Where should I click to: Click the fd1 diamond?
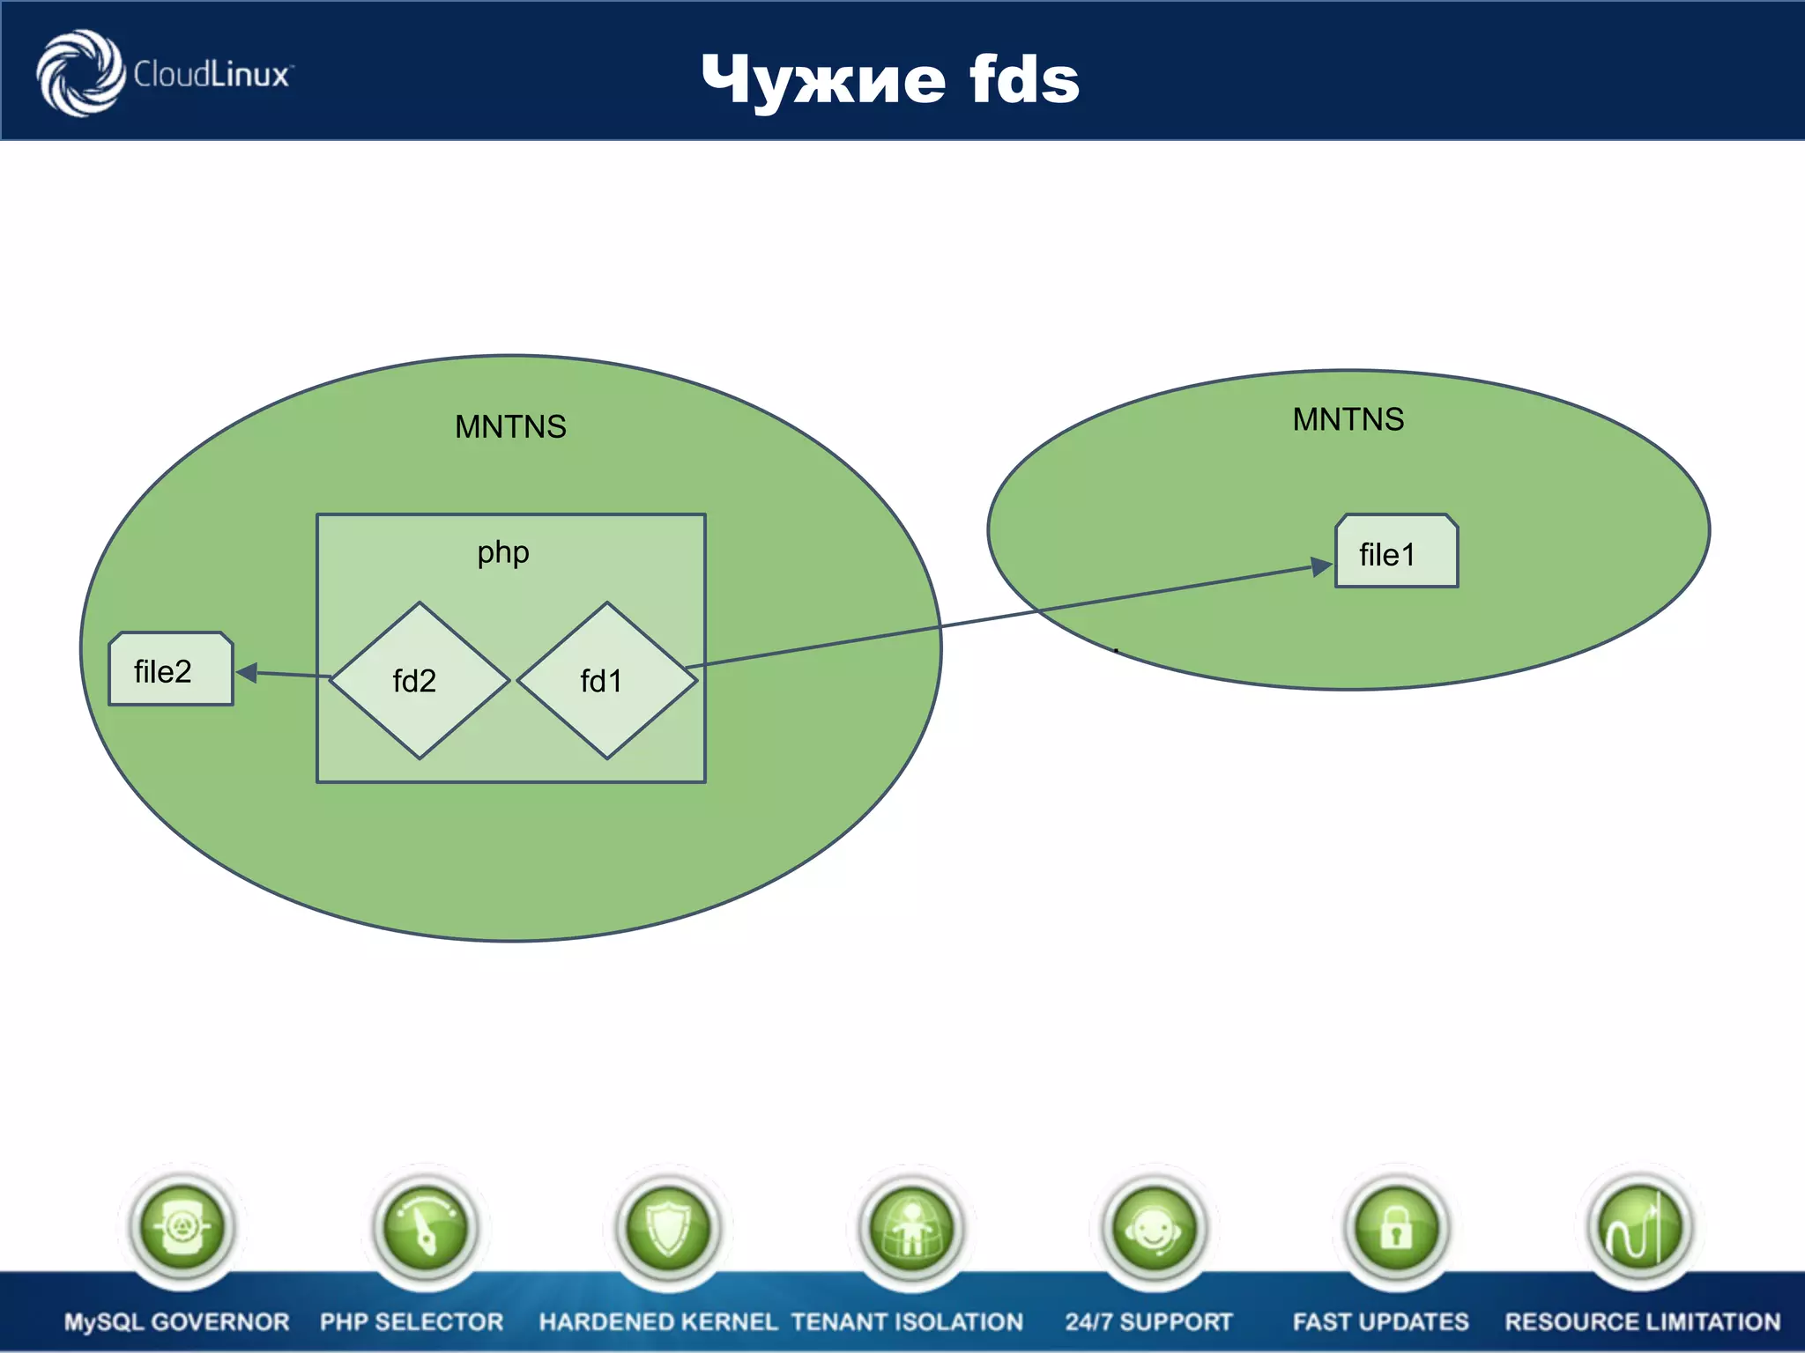point(607,680)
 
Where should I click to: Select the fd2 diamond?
point(420,680)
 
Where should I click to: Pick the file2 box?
point(171,669)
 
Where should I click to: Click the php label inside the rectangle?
point(503,552)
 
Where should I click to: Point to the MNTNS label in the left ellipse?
point(510,427)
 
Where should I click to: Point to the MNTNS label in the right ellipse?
point(1348,419)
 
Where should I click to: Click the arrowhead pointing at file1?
point(1321,566)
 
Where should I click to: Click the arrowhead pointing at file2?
point(247,673)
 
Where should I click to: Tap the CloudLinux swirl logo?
point(80,72)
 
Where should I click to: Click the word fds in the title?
point(1024,79)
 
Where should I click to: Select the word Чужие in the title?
point(823,79)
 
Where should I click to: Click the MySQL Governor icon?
point(182,1227)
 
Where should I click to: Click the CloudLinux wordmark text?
point(212,75)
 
